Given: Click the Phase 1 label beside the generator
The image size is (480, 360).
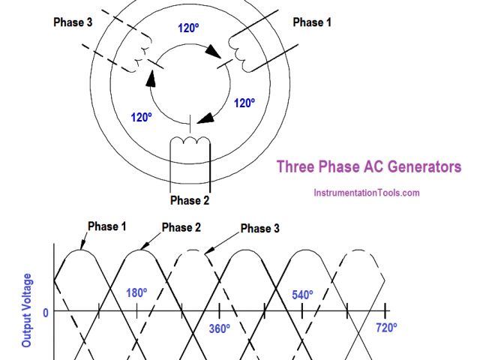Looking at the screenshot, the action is click(311, 22).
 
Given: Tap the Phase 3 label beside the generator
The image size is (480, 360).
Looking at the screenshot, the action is click(73, 22).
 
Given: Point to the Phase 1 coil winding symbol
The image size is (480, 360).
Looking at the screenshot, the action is click(241, 51).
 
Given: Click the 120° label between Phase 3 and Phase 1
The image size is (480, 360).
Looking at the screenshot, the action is click(188, 29).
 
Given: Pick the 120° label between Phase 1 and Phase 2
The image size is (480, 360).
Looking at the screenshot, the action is click(244, 103).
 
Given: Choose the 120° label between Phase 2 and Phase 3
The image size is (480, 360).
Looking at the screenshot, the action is click(142, 117).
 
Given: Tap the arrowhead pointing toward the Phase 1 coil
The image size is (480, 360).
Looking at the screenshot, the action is click(214, 54).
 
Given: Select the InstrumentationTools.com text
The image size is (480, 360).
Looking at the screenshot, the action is click(366, 193).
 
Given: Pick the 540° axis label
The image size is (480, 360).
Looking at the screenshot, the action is click(301, 295).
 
